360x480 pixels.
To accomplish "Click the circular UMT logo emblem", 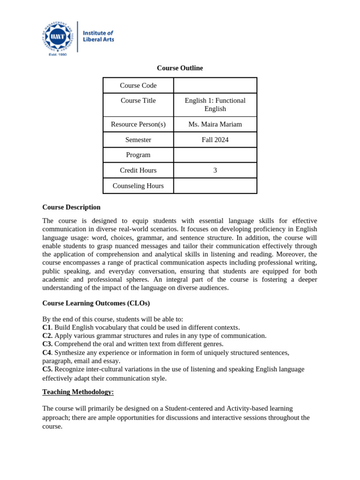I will tap(58, 37).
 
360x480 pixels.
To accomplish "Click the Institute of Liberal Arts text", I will tap(98, 36).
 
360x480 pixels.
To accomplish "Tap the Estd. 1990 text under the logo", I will tap(58, 54).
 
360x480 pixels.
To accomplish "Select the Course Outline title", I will tap(180, 68).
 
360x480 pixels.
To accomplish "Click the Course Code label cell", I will tap(138, 85).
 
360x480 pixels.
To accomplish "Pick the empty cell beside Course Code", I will tap(215, 85).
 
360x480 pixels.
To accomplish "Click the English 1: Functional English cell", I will tap(215, 105).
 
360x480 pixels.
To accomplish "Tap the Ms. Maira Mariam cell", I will tap(215, 124).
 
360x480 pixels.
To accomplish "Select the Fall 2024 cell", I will tap(215, 140).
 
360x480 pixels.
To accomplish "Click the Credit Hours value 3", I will tap(215, 170).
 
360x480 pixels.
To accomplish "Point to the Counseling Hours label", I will tap(138, 186).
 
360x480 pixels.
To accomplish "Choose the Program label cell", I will tap(138, 155).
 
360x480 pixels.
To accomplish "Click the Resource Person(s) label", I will tap(138, 124).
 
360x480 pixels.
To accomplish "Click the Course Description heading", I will tap(71, 207).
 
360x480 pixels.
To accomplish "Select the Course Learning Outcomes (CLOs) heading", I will tap(96, 303).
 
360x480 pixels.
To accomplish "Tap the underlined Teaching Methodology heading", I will tap(78, 392).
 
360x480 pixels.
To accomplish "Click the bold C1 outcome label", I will tap(46, 327).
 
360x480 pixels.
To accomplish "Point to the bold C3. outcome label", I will tap(47, 344).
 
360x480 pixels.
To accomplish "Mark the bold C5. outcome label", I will tap(47, 369).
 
